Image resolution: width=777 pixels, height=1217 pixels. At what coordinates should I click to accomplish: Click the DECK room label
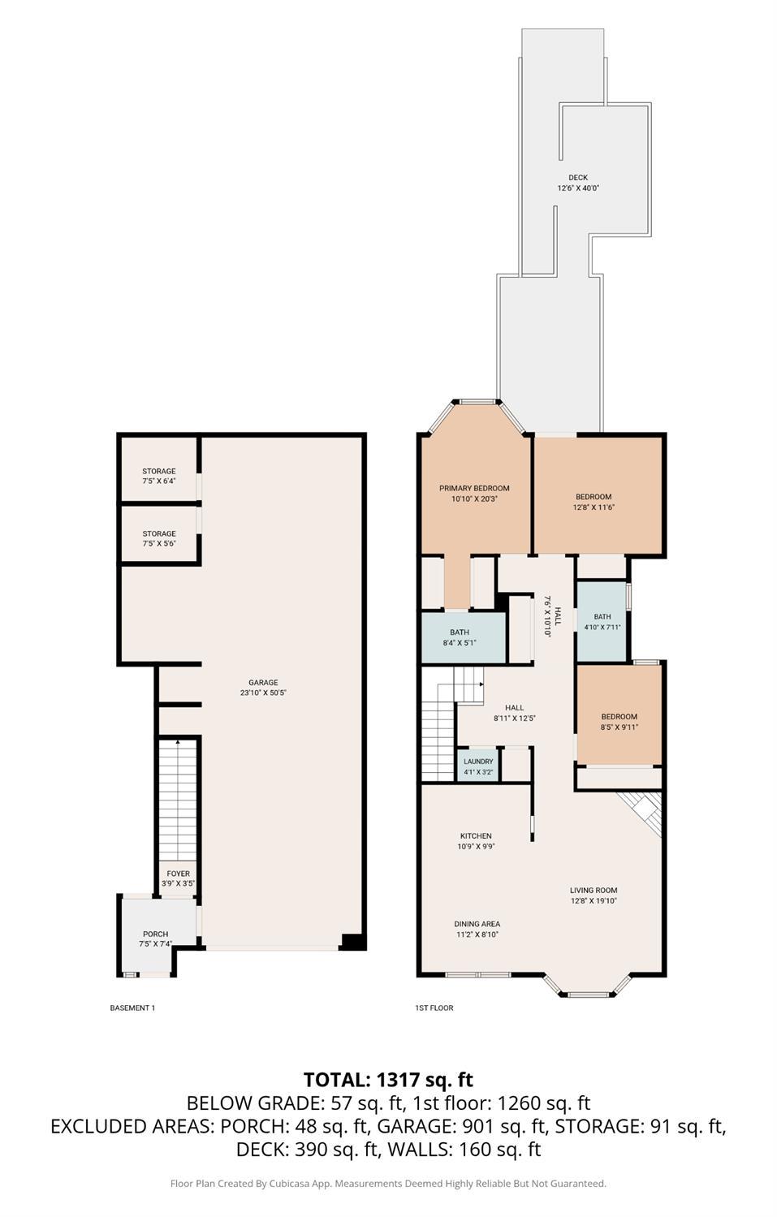[577, 177]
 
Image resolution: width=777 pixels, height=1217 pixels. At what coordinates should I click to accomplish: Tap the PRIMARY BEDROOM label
[474, 488]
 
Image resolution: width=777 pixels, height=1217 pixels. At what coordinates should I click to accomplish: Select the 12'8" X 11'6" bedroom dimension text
[594, 507]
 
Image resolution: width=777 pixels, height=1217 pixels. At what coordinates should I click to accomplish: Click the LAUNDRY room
[478, 766]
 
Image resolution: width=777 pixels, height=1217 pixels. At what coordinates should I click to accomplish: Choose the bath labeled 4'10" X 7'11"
[602, 621]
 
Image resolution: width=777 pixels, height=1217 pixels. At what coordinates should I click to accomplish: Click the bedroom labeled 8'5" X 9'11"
[619, 722]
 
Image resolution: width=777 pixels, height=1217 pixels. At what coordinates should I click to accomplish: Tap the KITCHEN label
[476, 835]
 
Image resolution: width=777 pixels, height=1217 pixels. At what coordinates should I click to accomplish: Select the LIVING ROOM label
[594, 890]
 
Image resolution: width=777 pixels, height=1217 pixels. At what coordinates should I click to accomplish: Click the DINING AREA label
[477, 923]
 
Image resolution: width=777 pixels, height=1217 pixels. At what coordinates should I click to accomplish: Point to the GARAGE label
[263, 683]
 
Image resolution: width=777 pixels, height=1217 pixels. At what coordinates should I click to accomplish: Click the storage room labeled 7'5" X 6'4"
[159, 476]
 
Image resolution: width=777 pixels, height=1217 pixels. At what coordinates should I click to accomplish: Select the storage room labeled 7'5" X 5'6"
[159, 538]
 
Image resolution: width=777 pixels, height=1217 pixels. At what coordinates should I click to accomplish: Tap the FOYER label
[178, 874]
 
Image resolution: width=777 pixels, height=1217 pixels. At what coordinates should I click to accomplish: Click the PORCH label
[155, 934]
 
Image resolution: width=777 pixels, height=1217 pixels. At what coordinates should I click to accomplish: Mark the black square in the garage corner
[352, 942]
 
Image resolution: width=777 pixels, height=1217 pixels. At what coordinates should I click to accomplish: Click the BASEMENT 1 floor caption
[132, 1008]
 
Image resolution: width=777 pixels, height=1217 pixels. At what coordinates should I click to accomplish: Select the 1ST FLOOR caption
[434, 1008]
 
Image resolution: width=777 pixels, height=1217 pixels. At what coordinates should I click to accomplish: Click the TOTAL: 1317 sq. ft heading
[388, 1079]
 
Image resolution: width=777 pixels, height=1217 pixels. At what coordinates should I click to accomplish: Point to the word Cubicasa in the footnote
[291, 1183]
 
